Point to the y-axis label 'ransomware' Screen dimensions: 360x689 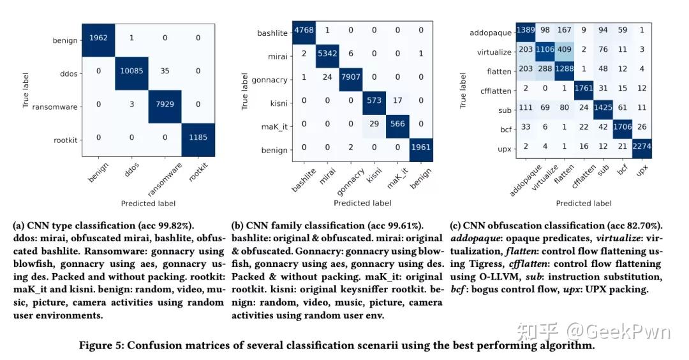[57, 107]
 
